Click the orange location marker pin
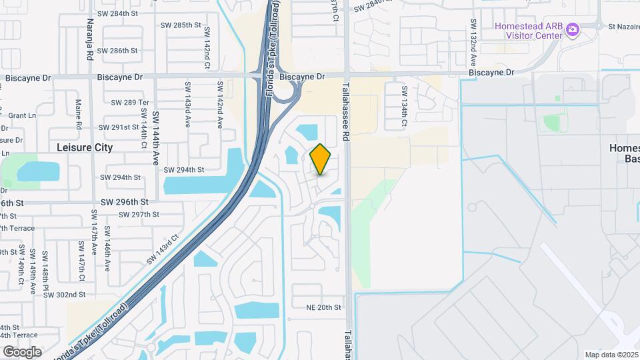coord(321,159)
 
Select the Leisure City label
coord(85,147)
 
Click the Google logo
coord(22,351)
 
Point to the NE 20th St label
coord(323,307)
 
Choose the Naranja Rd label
coord(90,40)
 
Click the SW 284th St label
coord(117,13)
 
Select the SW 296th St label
coord(124,201)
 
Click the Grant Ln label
coord(22,115)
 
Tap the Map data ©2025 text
coord(611,355)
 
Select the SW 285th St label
coord(181,25)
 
